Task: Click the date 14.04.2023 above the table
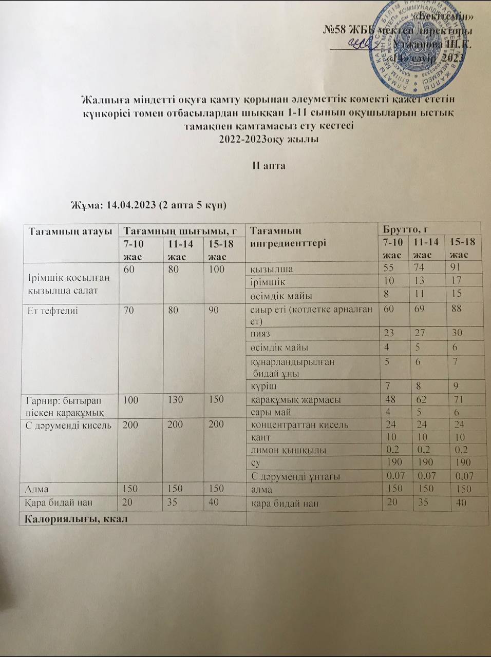pyautogui.click(x=131, y=205)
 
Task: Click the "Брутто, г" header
pyautogui.click(x=404, y=228)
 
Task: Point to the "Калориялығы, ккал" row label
pyautogui.click(x=73, y=518)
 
